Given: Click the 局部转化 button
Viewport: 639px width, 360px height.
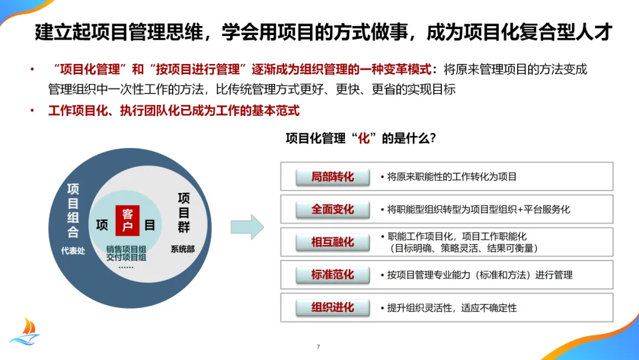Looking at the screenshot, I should click(x=333, y=176).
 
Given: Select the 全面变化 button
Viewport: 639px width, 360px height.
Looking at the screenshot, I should click(x=333, y=209).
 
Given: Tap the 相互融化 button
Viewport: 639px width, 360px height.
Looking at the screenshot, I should click(x=333, y=242).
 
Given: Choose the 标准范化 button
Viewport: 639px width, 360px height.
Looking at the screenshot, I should click(x=333, y=275).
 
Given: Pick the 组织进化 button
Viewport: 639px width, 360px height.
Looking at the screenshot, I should click(x=333, y=307).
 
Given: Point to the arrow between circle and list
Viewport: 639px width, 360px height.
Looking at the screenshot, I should click(x=247, y=226).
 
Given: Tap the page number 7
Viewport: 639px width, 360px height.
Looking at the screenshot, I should click(x=318, y=347).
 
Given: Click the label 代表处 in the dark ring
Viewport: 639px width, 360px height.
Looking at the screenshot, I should click(x=73, y=250).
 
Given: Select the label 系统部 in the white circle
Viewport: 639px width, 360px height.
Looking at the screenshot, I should click(x=182, y=249).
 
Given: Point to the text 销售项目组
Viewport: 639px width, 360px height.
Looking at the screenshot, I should click(x=126, y=249).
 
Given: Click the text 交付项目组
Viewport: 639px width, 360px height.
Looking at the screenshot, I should click(x=126, y=258).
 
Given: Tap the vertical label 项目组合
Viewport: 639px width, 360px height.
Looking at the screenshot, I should click(x=73, y=210).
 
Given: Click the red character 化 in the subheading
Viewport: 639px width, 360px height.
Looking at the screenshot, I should click(x=365, y=139).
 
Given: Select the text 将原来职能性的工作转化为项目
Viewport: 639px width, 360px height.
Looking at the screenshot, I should click(x=451, y=176).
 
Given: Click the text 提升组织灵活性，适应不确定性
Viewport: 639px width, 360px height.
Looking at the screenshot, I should click(x=451, y=308).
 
